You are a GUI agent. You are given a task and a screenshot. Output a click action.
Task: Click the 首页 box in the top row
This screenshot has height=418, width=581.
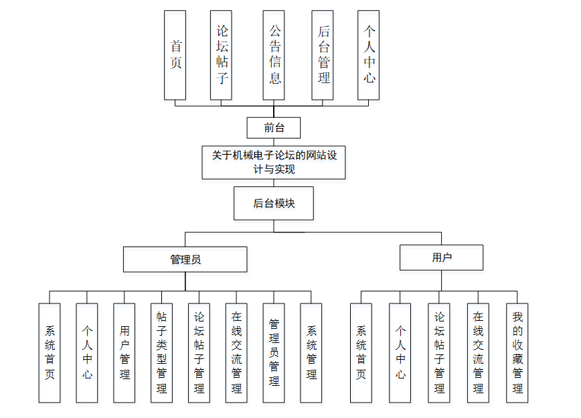(x=175, y=55)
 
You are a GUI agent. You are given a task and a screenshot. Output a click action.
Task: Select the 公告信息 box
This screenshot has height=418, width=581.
(x=274, y=55)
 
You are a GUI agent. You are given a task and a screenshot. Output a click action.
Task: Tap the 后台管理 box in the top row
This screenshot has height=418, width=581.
(x=323, y=55)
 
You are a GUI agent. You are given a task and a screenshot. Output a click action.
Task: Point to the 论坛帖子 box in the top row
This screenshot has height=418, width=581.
(x=221, y=55)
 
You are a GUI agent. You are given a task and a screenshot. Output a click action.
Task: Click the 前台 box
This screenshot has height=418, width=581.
(x=273, y=127)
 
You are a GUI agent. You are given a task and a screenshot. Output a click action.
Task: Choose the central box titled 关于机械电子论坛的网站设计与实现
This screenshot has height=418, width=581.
(x=274, y=162)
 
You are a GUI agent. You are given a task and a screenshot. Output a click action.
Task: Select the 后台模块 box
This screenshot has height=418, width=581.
(x=274, y=204)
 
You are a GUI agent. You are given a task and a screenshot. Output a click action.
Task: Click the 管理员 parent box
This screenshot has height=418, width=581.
(x=185, y=259)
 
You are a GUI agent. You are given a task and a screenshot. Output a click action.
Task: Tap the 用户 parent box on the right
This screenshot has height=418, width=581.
(x=441, y=257)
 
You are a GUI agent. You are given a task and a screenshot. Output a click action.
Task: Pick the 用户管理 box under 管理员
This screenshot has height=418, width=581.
(x=124, y=352)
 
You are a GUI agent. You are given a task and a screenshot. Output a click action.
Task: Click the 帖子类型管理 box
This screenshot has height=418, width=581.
(x=161, y=352)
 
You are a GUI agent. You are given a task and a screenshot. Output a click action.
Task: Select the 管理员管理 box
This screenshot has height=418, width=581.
(x=274, y=352)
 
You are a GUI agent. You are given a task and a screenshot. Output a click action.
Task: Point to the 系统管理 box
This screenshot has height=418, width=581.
(x=311, y=352)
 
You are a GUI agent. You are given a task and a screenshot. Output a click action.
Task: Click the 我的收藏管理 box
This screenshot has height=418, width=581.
(x=517, y=352)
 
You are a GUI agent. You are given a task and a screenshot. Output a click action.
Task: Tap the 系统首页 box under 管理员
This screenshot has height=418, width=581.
(x=50, y=352)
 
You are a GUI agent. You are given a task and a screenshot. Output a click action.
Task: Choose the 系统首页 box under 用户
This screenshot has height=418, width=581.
(x=361, y=352)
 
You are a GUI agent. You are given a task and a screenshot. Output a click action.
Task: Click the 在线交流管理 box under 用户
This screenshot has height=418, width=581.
(x=479, y=352)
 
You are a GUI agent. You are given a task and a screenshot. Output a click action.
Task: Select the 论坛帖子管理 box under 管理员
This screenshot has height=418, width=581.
(x=199, y=352)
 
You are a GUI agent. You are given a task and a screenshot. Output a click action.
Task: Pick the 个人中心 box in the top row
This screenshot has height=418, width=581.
(x=369, y=55)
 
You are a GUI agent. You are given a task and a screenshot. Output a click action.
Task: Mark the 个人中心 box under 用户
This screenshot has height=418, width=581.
(x=400, y=352)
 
